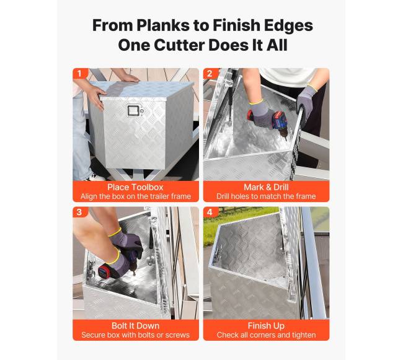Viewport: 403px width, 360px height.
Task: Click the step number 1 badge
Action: (x=79, y=74)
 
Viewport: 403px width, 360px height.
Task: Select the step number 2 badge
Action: (x=210, y=74)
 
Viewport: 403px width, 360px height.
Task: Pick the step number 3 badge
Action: (x=79, y=212)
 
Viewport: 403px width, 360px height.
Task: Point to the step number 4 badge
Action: (x=210, y=212)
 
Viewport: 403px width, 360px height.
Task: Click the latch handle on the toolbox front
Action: (x=133, y=110)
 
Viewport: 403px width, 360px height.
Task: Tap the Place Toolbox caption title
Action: (x=135, y=187)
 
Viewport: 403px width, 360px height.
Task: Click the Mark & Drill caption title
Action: (x=266, y=187)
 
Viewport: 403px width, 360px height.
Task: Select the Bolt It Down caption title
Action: (x=135, y=325)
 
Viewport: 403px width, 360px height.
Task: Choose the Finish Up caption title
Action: (x=266, y=326)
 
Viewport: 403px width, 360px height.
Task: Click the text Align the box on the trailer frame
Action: (x=136, y=196)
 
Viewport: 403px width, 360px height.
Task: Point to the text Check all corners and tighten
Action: (x=266, y=335)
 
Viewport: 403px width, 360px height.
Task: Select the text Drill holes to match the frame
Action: (x=266, y=196)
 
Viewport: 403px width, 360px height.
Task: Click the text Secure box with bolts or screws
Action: (x=135, y=335)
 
